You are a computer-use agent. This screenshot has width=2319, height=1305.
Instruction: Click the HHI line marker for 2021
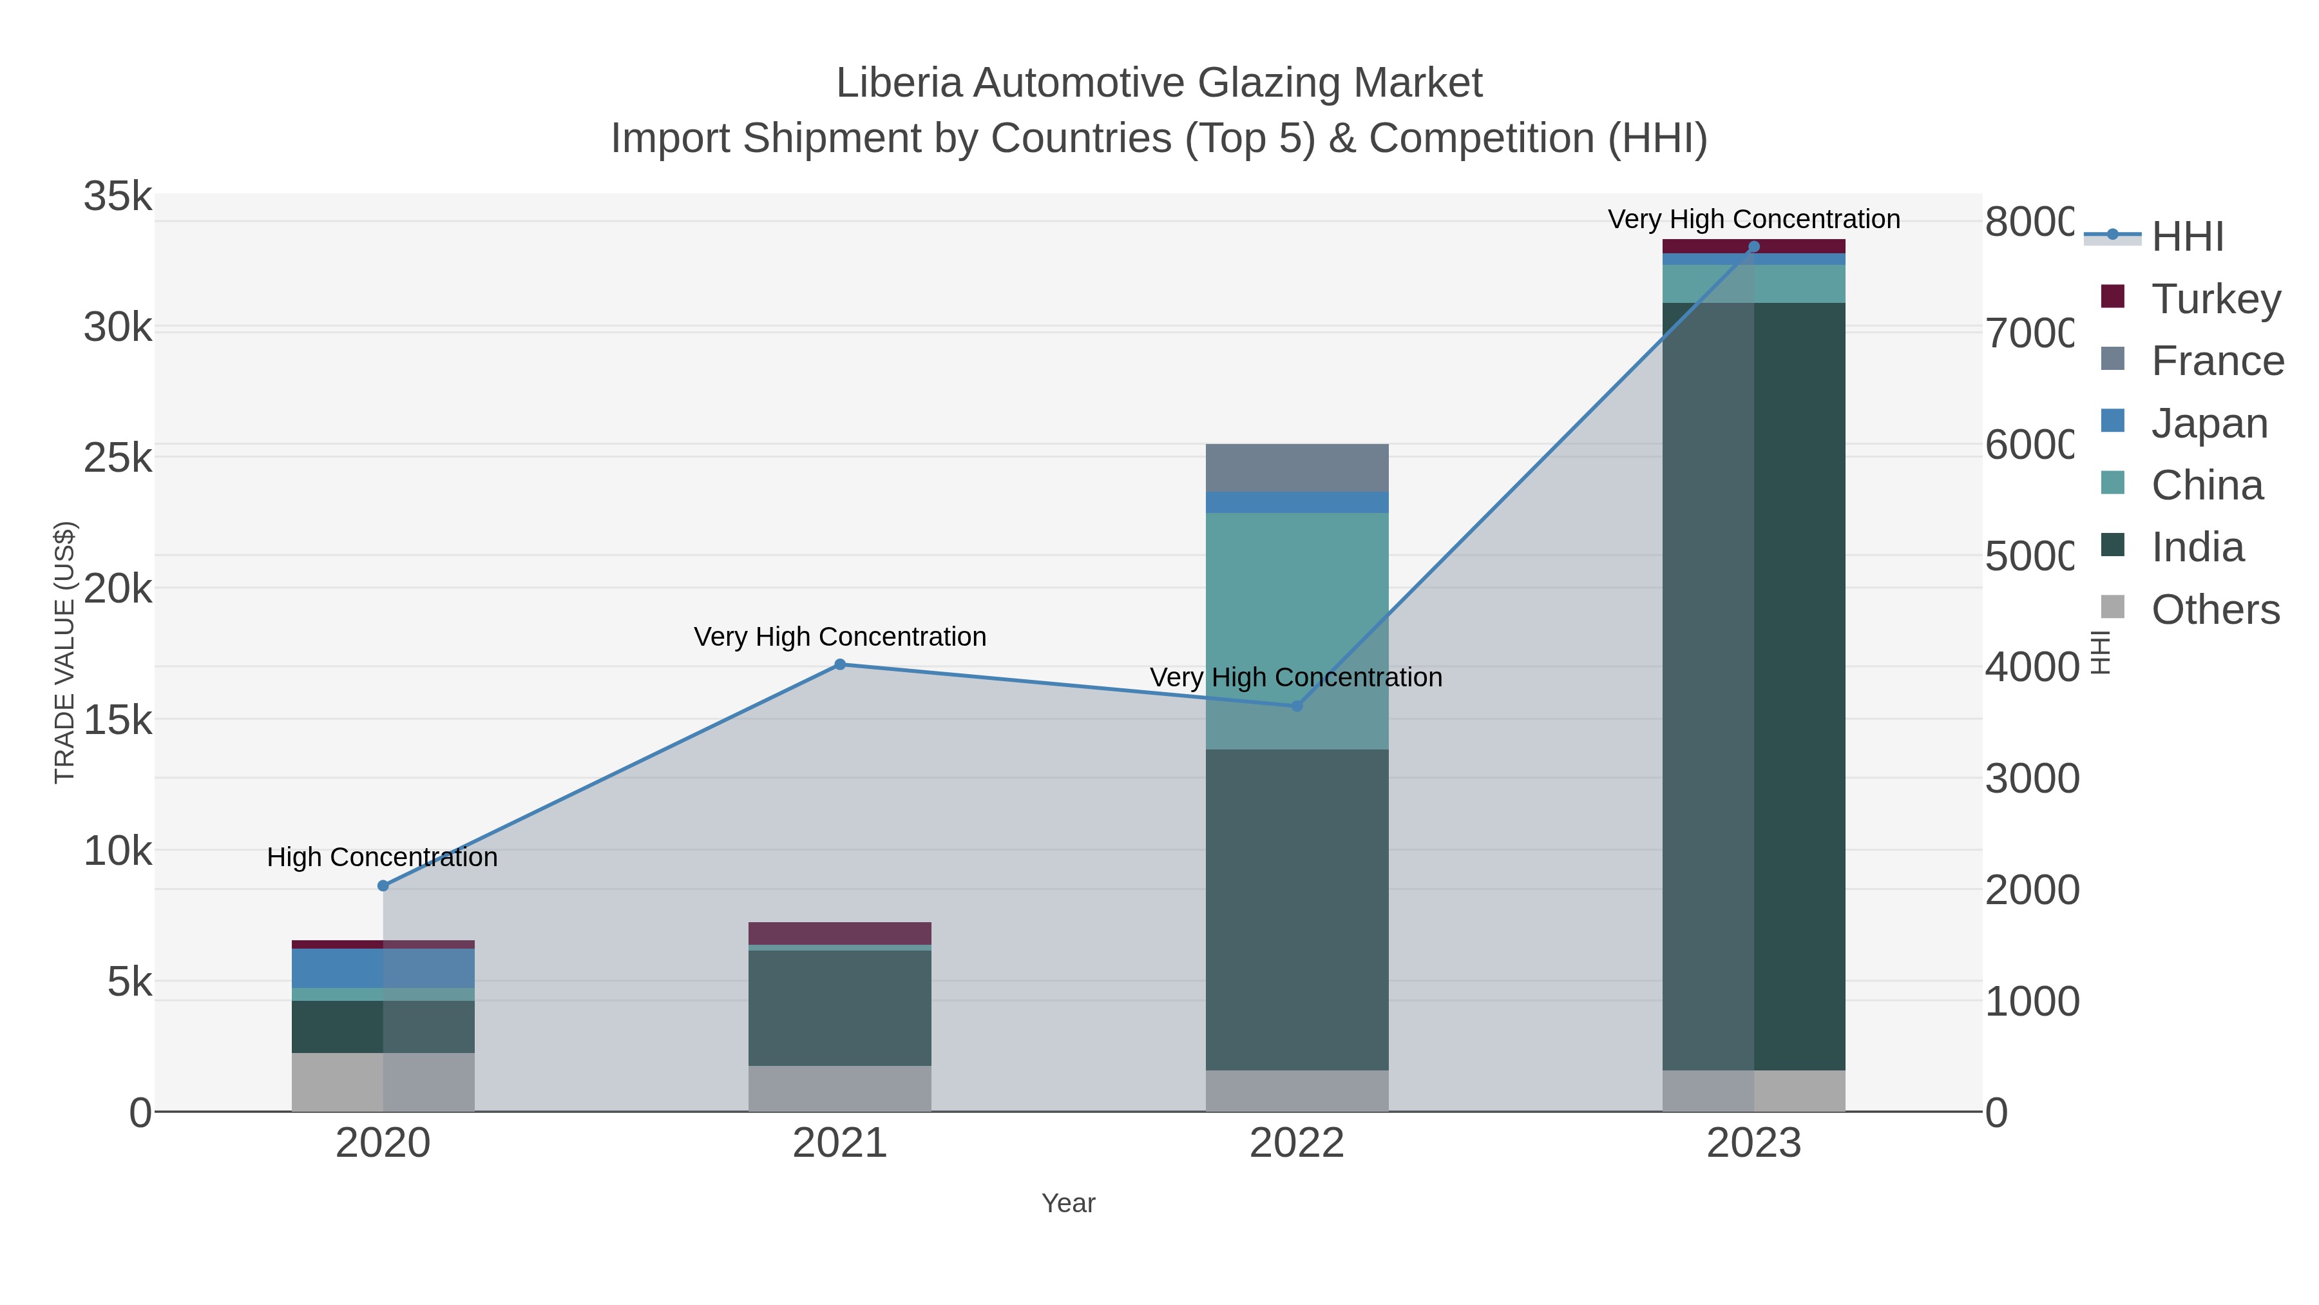point(840,664)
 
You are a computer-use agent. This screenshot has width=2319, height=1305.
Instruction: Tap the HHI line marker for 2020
point(383,885)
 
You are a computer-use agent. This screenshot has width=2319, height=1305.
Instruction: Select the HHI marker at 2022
point(1296,706)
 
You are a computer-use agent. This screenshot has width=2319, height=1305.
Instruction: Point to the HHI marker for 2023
point(1753,247)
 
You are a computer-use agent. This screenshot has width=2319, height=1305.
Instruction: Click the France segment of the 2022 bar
point(1296,467)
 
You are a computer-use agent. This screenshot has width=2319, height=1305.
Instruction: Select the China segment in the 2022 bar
point(1296,630)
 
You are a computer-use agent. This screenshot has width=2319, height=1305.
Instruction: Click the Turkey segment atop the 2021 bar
point(840,933)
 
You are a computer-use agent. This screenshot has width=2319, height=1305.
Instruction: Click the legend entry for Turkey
point(2215,299)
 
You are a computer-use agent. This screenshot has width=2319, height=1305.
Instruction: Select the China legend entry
point(2206,485)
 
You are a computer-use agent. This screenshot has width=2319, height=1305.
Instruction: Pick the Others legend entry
point(2215,610)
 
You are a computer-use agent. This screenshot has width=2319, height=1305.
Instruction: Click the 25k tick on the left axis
point(118,458)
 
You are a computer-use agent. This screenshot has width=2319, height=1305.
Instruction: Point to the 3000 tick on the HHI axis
point(2031,779)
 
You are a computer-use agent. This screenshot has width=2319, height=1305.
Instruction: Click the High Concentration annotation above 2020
point(383,856)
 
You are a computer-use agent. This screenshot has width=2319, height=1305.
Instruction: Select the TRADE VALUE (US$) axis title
point(65,652)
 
